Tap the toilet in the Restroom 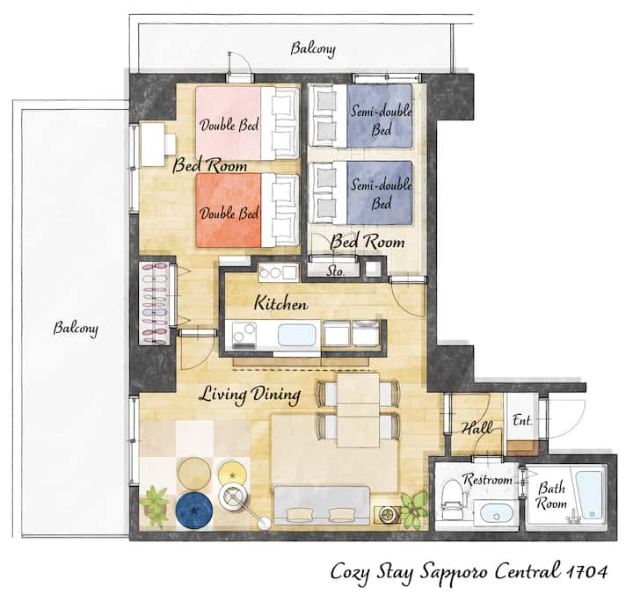point(450,499)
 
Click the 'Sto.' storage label point(335,272)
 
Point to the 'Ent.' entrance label point(522,420)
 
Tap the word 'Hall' point(477,427)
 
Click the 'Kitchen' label point(281,303)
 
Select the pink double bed point(247,123)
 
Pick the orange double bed point(247,210)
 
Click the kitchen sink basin point(297,336)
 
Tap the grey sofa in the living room point(322,505)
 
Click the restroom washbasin point(497,512)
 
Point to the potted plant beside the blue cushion point(155,506)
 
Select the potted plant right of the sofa point(414,509)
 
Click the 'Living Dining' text point(250,395)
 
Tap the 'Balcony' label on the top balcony point(313,49)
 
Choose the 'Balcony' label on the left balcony point(76,329)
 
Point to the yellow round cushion point(232,474)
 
